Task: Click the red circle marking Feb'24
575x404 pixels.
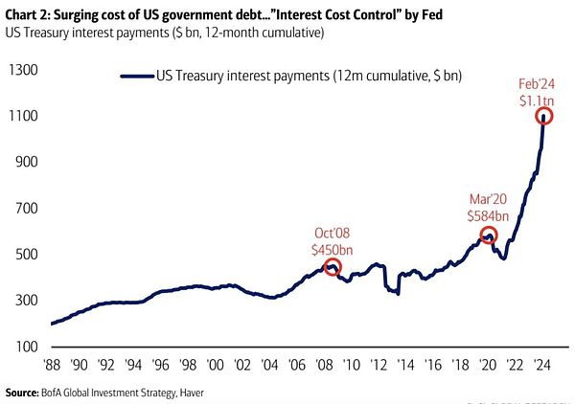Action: point(544,116)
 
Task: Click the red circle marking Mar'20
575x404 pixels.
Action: point(488,235)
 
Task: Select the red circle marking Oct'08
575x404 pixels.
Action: point(333,267)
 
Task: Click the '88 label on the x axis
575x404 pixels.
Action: point(53,366)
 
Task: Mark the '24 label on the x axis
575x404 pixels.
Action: point(541,366)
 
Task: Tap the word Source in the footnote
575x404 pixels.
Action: point(26,393)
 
